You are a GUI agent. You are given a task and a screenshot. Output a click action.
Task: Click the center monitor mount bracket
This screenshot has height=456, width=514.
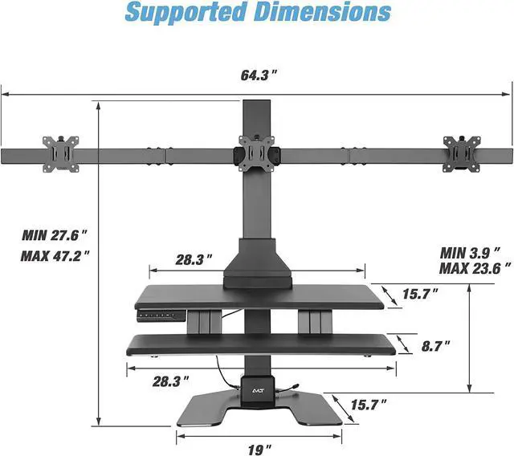[256, 153]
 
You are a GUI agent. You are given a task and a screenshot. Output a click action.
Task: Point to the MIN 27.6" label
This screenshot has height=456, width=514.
[55, 234]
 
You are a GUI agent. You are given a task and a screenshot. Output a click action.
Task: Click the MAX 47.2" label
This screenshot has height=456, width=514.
[55, 255]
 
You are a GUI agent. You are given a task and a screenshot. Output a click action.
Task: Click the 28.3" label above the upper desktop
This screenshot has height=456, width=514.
[194, 259]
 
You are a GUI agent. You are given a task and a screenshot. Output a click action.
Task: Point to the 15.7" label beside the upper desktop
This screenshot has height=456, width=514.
[419, 294]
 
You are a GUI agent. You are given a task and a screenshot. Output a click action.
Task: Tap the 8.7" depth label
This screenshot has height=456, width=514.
[434, 346]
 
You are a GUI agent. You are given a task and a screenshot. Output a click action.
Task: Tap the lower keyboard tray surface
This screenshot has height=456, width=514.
[257, 343]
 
